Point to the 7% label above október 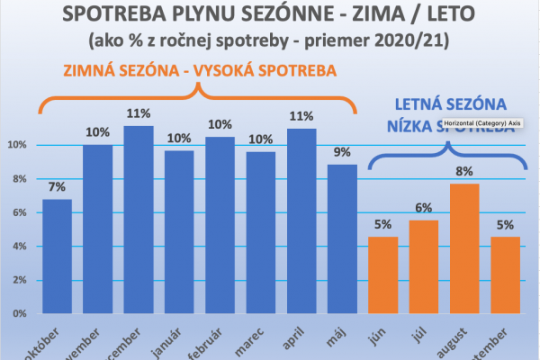coord(56,186)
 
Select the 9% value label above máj coord(343,152)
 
